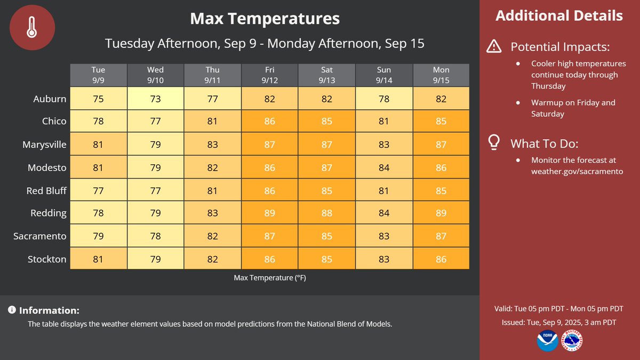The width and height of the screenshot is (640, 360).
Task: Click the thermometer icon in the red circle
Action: (x=33, y=27)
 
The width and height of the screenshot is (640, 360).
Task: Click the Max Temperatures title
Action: (x=265, y=19)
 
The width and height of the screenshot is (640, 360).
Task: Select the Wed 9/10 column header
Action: (x=155, y=75)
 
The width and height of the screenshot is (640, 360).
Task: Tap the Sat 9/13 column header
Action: (x=326, y=75)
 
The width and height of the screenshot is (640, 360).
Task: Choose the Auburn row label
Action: (x=50, y=99)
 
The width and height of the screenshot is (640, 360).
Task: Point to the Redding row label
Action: (x=49, y=213)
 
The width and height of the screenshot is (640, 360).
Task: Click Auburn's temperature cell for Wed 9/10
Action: (x=155, y=99)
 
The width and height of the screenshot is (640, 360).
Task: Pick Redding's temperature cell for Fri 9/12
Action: (x=269, y=213)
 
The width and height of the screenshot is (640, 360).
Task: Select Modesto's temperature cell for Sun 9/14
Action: (x=383, y=167)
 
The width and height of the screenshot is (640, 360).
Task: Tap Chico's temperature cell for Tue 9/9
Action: (x=98, y=122)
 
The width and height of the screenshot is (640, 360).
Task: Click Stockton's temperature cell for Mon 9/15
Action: (x=441, y=259)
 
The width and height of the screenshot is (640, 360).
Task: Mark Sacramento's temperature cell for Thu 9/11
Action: (x=212, y=236)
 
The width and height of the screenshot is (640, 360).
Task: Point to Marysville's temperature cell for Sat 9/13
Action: (x=326, y=145)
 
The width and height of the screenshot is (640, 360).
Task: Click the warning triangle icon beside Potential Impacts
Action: (x=494, y=47)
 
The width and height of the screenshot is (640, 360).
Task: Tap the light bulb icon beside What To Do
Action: (x=494, y=142)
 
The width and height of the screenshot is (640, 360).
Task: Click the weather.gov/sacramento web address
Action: (x=577, y=171)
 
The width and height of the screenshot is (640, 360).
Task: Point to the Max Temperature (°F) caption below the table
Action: (x=269, y=278)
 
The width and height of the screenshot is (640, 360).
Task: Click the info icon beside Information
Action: (x=12, y=310)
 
